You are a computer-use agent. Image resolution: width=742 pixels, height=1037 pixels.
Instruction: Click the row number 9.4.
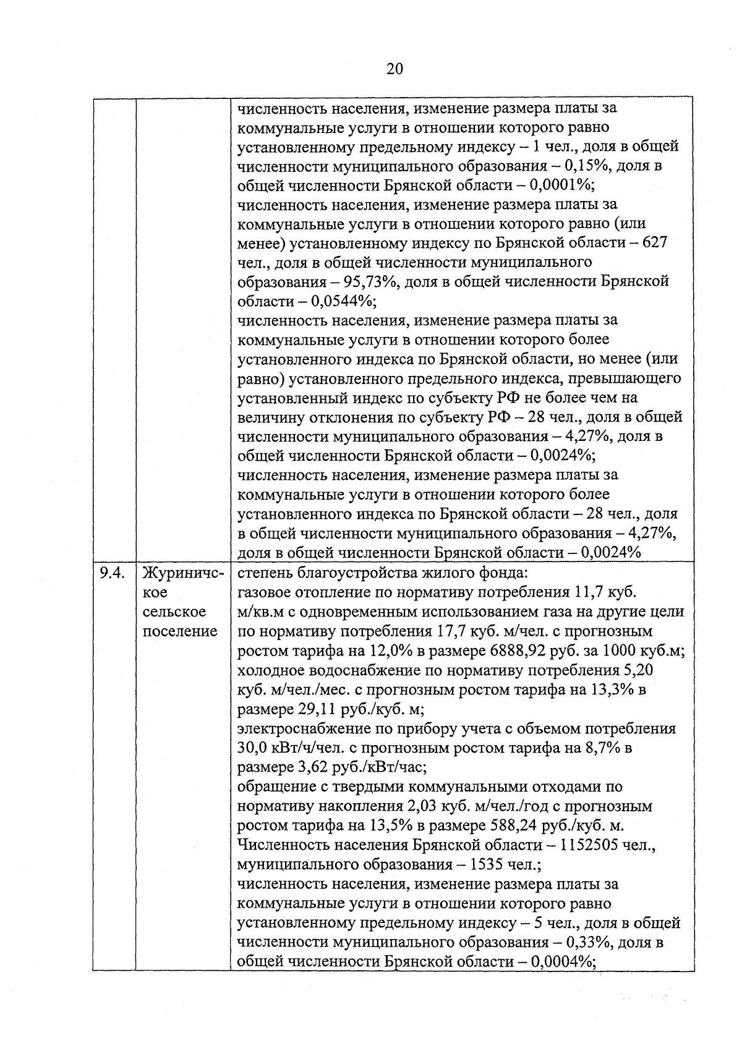point(113,573)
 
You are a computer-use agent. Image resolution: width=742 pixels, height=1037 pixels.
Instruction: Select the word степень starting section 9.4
point(263,573)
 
